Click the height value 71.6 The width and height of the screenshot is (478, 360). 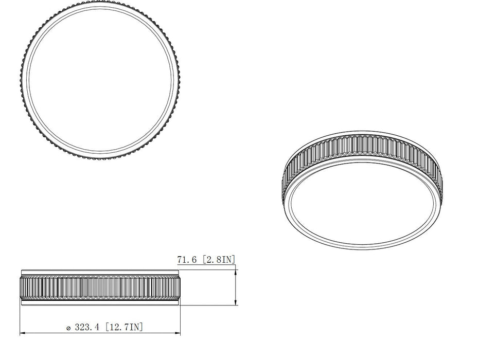tap(188, 260)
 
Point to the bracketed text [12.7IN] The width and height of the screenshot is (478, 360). tap(124, 327)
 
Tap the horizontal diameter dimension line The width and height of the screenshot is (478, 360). tap(100, 333)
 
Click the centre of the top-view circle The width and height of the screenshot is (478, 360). tap(100, 80)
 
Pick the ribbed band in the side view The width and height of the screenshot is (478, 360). tap(100, 287)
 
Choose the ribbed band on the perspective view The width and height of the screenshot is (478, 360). tap(362, 146)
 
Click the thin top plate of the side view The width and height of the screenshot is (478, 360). tap(100, 272)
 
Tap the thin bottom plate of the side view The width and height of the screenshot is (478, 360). tap(100, 303)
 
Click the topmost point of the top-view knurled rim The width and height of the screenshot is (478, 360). tap(100, 2)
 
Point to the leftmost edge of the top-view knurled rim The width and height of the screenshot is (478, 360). tap(22, 80)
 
